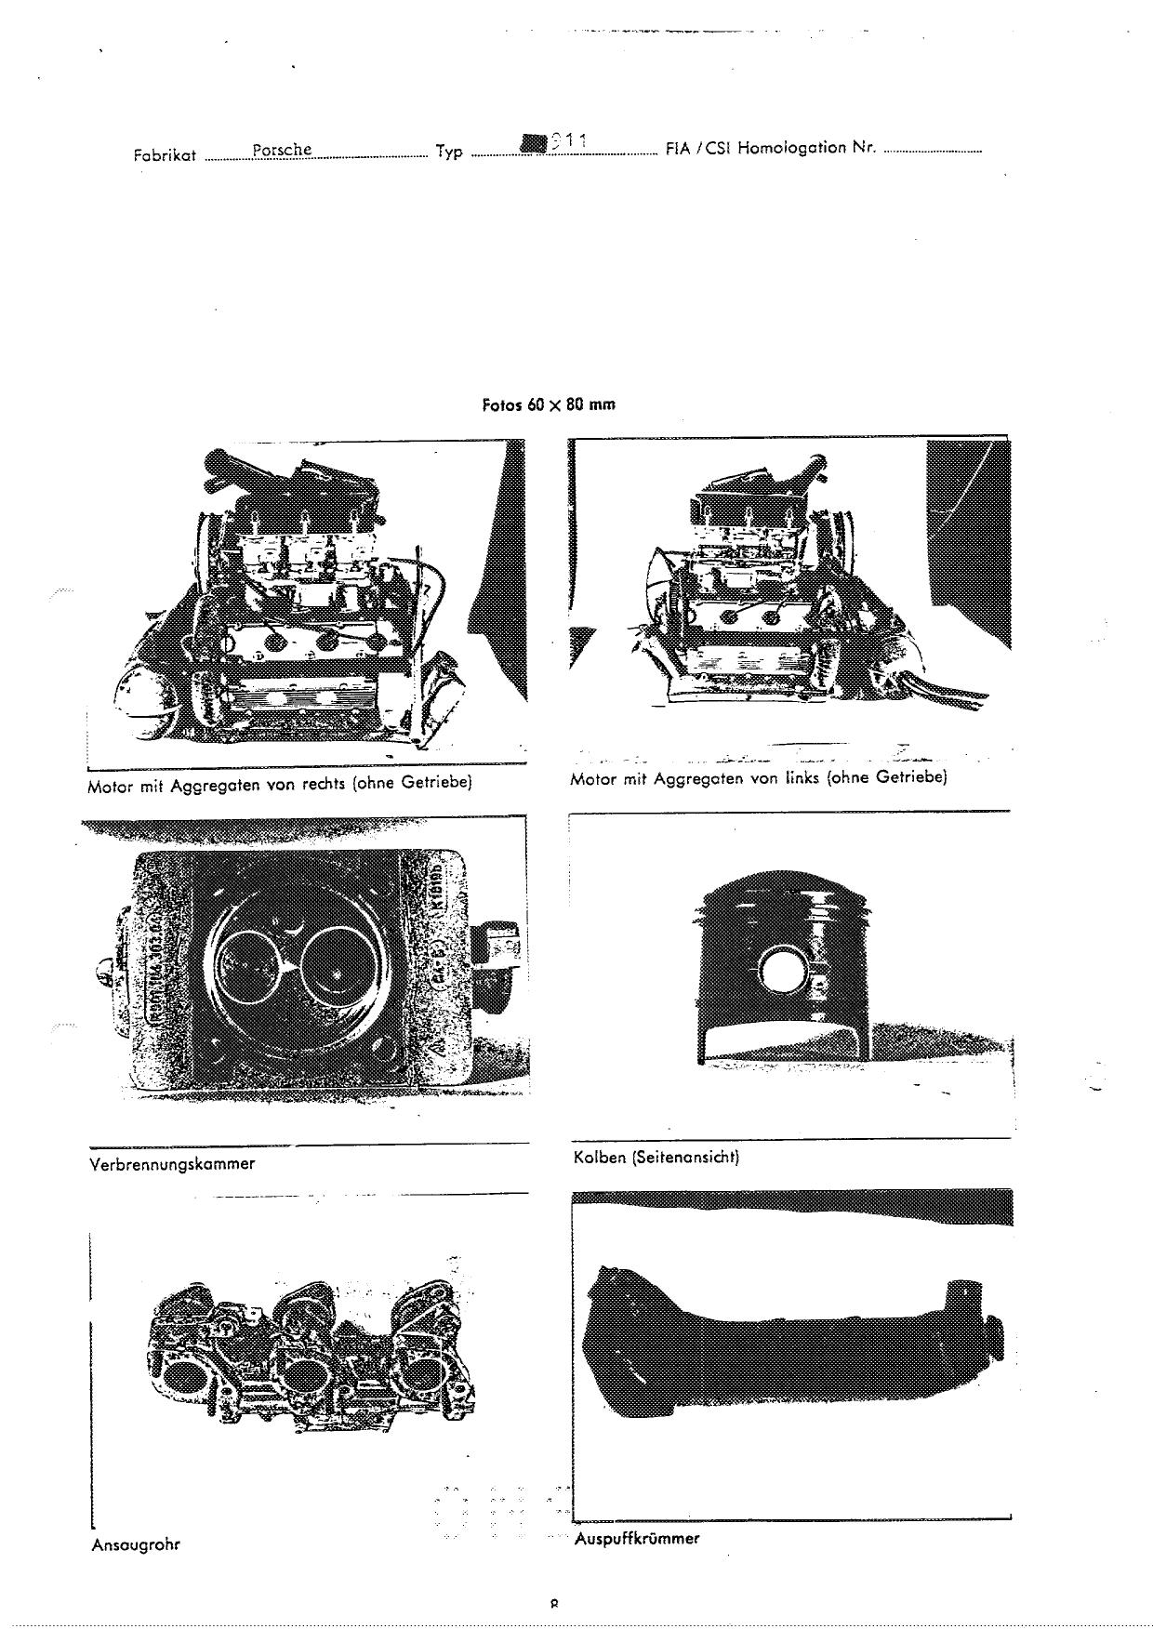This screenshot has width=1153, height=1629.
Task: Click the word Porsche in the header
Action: pos(281,150)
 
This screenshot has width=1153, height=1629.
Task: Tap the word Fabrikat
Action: pos(165,155)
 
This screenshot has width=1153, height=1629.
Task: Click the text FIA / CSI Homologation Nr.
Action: pos(771,148)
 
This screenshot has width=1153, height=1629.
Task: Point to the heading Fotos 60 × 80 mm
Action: pos(549,404)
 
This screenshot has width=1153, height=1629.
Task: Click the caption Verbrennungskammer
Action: pos(171,1163)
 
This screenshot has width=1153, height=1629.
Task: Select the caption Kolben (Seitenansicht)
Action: pos(656,1158)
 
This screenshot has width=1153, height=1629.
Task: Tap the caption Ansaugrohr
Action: pos(135,1544)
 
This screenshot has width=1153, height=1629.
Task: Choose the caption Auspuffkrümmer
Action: pos(636,1539)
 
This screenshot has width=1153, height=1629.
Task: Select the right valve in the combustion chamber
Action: pos(336,967)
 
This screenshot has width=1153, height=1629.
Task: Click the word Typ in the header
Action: pos(449,152)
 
